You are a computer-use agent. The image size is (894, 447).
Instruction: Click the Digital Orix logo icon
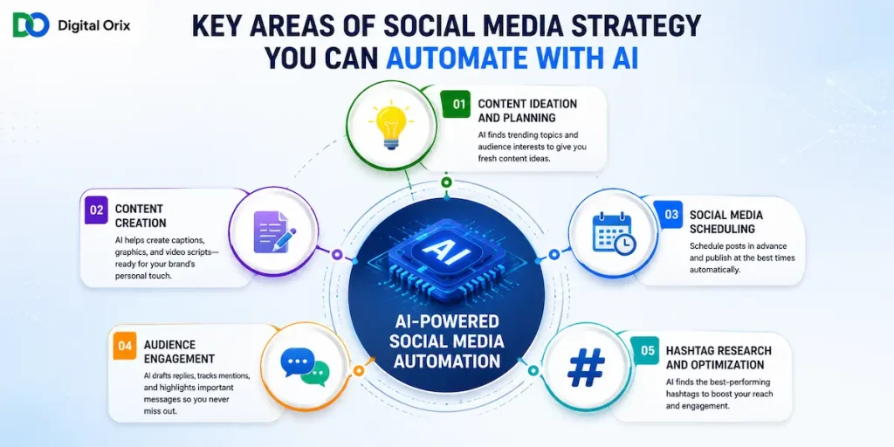[32, 24]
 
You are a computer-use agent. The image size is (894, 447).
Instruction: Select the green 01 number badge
[456, 105]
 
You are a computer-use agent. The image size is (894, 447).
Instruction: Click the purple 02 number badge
[96, 210]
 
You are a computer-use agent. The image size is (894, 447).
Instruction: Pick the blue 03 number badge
[671, 215]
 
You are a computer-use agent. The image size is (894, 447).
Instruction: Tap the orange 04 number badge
[125, 346]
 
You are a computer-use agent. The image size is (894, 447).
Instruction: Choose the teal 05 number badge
[648, 351]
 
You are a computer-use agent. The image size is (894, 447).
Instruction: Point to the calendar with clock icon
[614, 233]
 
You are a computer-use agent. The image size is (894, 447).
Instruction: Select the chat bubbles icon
[305, 367]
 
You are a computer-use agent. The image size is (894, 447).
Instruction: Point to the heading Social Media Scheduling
[726, 222]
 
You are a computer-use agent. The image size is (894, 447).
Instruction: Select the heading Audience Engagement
[179, 352]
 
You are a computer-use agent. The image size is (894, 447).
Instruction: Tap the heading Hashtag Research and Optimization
[719, 357]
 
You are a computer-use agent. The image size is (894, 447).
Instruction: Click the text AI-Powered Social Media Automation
[446, 341]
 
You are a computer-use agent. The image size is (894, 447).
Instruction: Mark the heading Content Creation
[141, 216]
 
